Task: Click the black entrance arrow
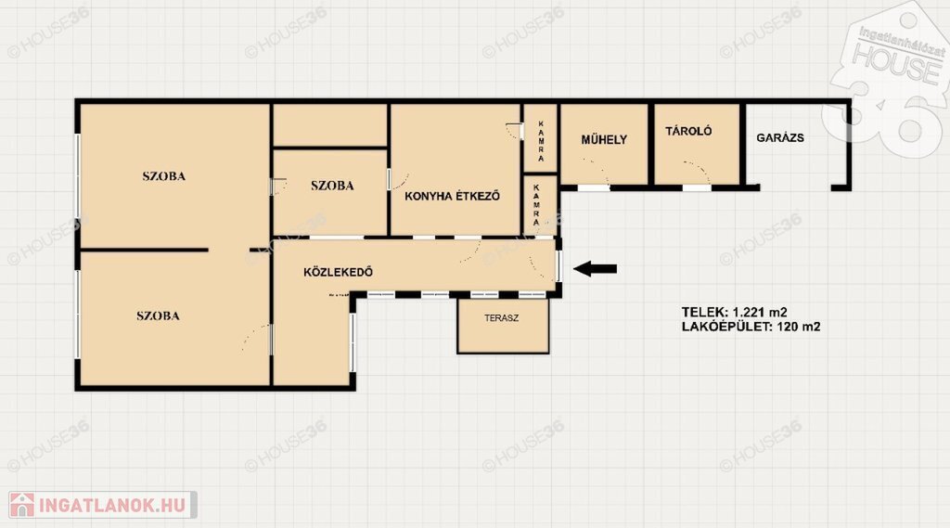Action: pyautogui.click(x=595, y=268)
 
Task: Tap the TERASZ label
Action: pyautogui.click(x=501, y=317)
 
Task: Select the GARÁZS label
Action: pyautogui.click(x=779, y=137)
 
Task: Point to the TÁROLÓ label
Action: pyautogui.click(x=688, y=131)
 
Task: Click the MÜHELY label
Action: pyautogui.click(x=604, y=139)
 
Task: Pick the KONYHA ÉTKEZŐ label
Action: pyautogui.click(x=452, y=196)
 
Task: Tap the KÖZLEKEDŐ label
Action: pyautogui.click(x=338, y=272)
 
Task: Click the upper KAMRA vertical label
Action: pyautogui.click(x=541, y=141)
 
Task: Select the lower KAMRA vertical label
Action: pyautogui.click(x=536, y=205)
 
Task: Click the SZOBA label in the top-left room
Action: pyautogui.click(x=163, y=176)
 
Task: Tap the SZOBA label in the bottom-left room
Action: pyautogui.click(x=158, y=316)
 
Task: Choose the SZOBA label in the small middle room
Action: pyautogui.click(x=332, y=186)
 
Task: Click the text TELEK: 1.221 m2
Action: pyautogui.click(x=735, y=312)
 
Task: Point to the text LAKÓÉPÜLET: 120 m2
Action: pyautogui.click(x=751, y=327)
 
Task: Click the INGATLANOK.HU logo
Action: pyautogui.click(x=102, y=505)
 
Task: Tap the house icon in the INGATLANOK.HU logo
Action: pyautogui.click(x=22, y=505)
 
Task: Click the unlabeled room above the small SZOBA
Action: pyautogui.click(x=330, y=125)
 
